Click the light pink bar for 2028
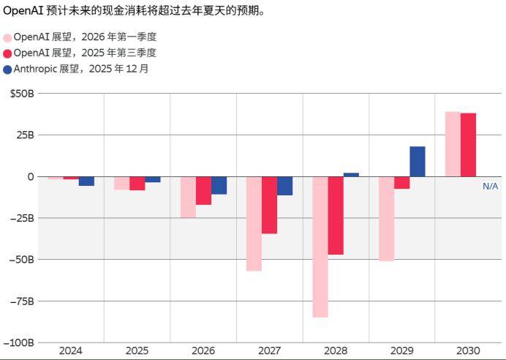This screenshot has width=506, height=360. tap(320, 247)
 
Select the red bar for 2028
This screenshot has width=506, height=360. tap(336, 215)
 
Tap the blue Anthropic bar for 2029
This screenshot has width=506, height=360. tap(418, 162)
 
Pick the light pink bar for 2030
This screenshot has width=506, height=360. tap(453, 144)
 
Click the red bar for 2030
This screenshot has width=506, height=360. tap(469, 145)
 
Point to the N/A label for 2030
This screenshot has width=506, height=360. tap(490, 187)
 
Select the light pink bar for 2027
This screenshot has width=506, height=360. tap(254, 223)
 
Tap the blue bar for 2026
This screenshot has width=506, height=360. tap(219, 185)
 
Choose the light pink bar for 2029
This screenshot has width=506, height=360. tap(386, 219)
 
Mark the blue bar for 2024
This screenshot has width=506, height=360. tap(86, 181)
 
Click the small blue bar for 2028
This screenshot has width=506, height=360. tap(351, 175)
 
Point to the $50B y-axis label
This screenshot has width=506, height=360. tap(22, 94)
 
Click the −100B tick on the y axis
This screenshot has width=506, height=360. tap(19, 342)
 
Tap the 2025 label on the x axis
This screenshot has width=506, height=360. tap(137, 350)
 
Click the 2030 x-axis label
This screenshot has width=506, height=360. tap(468, 350)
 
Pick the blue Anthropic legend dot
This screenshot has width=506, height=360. tap(7, 70)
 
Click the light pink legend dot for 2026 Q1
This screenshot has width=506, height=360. tap(7, 37)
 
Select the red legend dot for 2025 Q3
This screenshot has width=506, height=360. tap(7, 53)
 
